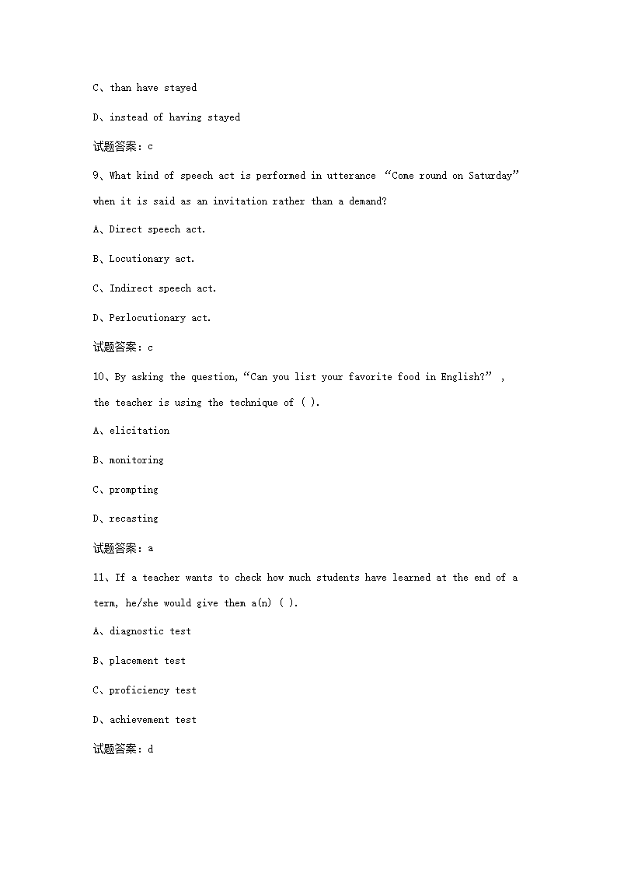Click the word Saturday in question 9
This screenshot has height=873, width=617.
click(x=490, y=176)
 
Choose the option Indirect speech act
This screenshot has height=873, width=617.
click(x=162, y=288)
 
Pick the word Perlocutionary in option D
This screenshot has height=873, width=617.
click(x=147, y=318)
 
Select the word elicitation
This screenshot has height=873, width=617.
click(x=139, y=431)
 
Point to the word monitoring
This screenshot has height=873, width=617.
click(x=136, y=460)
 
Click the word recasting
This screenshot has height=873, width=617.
click(x=133, y=519)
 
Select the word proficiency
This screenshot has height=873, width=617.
click(x=139, y=690)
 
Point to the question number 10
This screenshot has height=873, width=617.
click(x=99, y=377)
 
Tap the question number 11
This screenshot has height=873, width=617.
click(x=99, y=578)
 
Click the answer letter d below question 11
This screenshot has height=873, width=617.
click(x=151, y=749)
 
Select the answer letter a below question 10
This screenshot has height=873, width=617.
click(x=151, y=548)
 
